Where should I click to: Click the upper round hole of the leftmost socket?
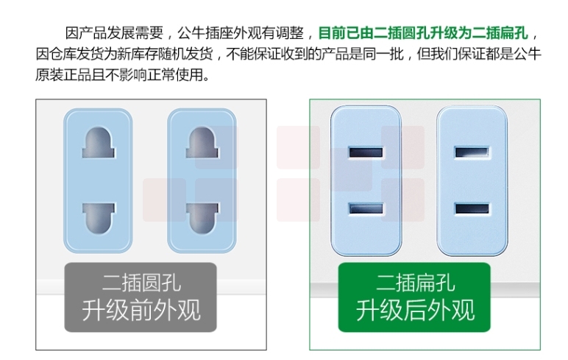click(98, 143)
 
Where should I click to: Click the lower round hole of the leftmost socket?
click(98, 218)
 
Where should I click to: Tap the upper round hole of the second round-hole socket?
click(202, 143)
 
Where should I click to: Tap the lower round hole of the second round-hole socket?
click(202, 218)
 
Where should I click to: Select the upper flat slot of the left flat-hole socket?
click(366, 152)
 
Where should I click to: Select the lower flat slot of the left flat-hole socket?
click(366, 209)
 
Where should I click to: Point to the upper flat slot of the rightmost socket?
click(472, 152)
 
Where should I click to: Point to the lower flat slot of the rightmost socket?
click(472, 209)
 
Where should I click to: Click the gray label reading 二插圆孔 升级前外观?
click(141, 297)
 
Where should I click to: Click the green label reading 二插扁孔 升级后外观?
click(414, 297)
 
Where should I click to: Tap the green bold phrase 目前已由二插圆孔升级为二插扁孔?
click(423, 33)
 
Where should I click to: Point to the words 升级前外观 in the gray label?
click(141, 311)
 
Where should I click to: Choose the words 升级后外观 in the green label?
click(415, 311)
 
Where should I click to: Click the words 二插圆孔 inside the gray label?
click(141, 283)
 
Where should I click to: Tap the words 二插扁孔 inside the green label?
click(416, 283)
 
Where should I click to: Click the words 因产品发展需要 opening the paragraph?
click(114, 33)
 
